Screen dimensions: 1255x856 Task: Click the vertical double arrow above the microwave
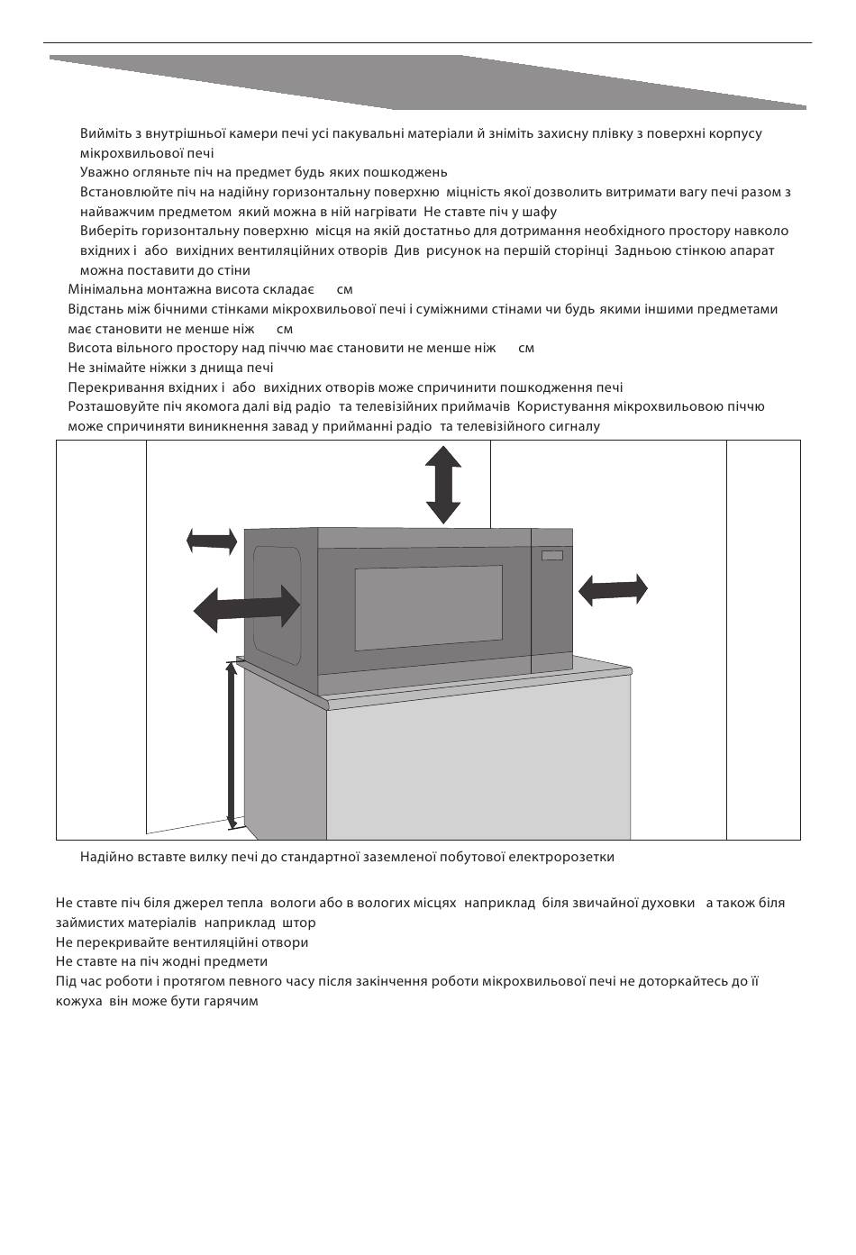443,485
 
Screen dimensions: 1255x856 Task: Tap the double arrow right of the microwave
613,590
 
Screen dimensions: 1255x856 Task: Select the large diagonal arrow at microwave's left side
247,608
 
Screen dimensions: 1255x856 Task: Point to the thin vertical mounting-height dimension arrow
232,744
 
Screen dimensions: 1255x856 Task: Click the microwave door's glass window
428,608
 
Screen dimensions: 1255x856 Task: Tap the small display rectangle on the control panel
551,555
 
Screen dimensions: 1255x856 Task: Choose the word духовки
663,903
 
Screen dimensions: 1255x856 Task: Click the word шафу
538,212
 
